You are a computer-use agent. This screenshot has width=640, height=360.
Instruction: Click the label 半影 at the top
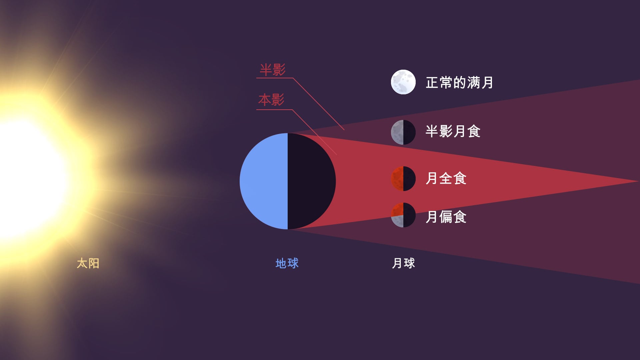[x=273, y=70]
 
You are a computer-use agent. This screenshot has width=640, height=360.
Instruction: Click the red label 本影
[x=271, y=100]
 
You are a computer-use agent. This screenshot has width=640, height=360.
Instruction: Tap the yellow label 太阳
[x=88, y=263]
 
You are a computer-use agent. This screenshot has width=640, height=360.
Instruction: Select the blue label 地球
[x=287, y=263]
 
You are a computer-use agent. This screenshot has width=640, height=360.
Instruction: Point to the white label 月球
[x=403, y=263]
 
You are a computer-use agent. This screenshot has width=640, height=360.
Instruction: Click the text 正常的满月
[x=459, y=82]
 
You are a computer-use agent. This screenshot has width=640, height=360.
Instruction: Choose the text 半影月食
[x=453, y=131]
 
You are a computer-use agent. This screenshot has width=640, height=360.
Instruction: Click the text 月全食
[x=446, y=178]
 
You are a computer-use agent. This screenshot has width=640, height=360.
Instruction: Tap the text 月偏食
[x=446, y=217]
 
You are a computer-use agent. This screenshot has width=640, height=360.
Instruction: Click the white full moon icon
[x=403, y=82]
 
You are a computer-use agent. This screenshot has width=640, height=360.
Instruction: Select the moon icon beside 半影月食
[x=403, y=132]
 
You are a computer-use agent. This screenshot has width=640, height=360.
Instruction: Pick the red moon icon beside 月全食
[x=403, y=179]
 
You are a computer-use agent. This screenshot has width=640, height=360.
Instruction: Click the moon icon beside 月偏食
[x=403, y=215]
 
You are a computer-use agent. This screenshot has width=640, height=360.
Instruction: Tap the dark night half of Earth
[x=310, y=181]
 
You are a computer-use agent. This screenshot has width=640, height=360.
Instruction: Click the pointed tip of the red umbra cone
[x=638, y=181]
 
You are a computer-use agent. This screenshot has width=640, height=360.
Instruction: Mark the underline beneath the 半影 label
[x=274, y=78]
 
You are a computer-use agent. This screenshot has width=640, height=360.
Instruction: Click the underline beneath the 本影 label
[x=274, y=109]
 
